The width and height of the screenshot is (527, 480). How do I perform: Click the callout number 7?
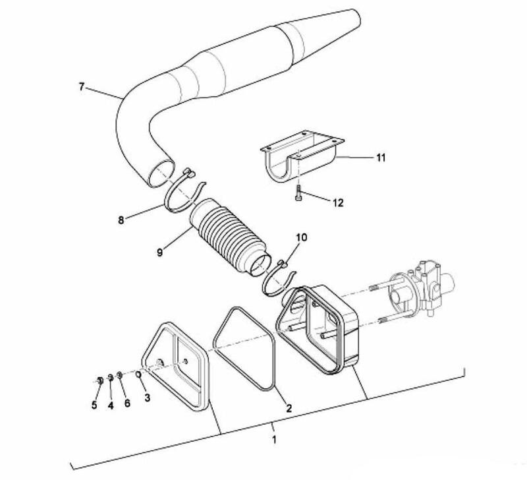click(x=81, y=87)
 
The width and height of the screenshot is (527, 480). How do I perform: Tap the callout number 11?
click(x=381, y=158)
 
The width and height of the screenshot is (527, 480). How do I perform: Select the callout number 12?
click(x=338, y=203)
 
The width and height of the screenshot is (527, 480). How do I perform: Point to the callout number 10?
click(x=302, y=237)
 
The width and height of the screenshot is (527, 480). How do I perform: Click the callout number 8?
click(x=121, y=220)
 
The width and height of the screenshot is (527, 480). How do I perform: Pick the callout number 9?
click(x=159, y=252)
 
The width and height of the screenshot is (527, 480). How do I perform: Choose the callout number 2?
click(x=289, y=408)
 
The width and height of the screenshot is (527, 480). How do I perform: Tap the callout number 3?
click(x=147, y=398)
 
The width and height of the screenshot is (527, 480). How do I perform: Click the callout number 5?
click(x=94, y=405)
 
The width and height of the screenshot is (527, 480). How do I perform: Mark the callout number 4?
click(x=111, y=405)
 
